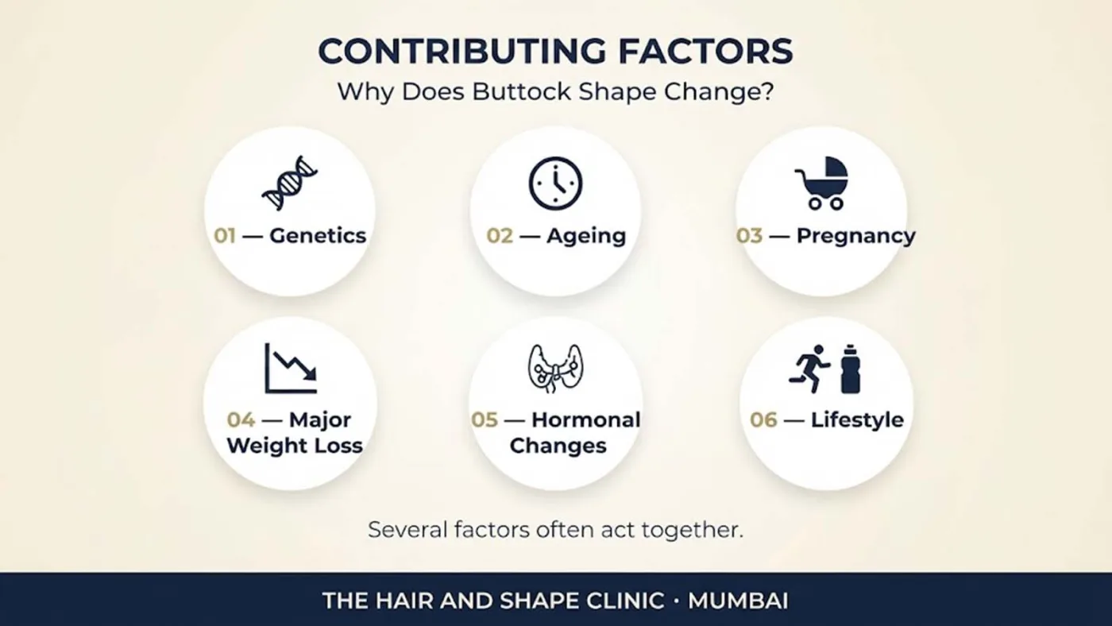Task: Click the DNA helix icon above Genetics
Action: point(289,184)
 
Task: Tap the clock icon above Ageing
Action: point(555,184)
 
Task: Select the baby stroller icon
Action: point(821,184)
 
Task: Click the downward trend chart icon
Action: point(291,369)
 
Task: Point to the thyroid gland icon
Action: point(555,369)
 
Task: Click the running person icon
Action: point(809,369)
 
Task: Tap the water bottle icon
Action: point(851,369)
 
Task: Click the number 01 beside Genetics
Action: point(225,236)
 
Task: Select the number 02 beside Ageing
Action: point(500,236)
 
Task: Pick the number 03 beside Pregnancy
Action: point(749,236)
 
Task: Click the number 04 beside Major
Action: point(241,420)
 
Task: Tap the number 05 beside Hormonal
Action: point(485,420)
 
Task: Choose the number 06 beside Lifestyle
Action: point(763,420)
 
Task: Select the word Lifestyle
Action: point(857,421)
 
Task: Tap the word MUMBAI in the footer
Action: point(738,601)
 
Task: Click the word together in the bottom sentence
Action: point(693,531)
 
